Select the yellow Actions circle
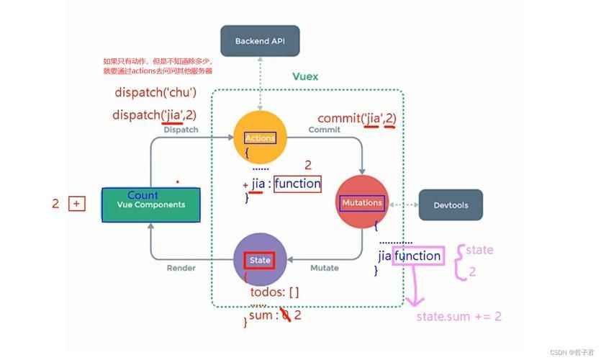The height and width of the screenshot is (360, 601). (x=260, y=138)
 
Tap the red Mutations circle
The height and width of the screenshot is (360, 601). (x=362, y=203)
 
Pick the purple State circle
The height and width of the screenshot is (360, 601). (x=260, y=258)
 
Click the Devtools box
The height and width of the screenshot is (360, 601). (x=451, y=205)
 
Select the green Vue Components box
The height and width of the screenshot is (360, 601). (x=151, y=204)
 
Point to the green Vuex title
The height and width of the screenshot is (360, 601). (x=305, y=76)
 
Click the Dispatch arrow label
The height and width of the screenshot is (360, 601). (x=181, y=130)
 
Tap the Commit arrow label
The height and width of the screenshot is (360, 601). (x=324, y=130)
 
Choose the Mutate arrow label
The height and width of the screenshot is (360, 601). (x=324, y=268)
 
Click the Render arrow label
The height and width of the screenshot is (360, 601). (x=181, y=268)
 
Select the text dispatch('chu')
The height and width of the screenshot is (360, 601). (x=155, y=92)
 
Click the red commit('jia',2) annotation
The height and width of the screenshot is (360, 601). (x=357, y=118)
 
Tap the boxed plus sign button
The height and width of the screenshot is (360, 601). (x=77, y=204)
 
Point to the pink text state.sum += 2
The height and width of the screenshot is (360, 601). (x=459, y=316)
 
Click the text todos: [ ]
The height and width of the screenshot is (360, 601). (x=274, y=292)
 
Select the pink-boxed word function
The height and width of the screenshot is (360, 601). (x=417, y=256)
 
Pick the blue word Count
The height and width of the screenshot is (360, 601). (x=143, y=195)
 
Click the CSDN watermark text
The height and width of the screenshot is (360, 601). (x=573, y=353)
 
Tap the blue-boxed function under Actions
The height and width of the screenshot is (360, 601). (x=297, y=184)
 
